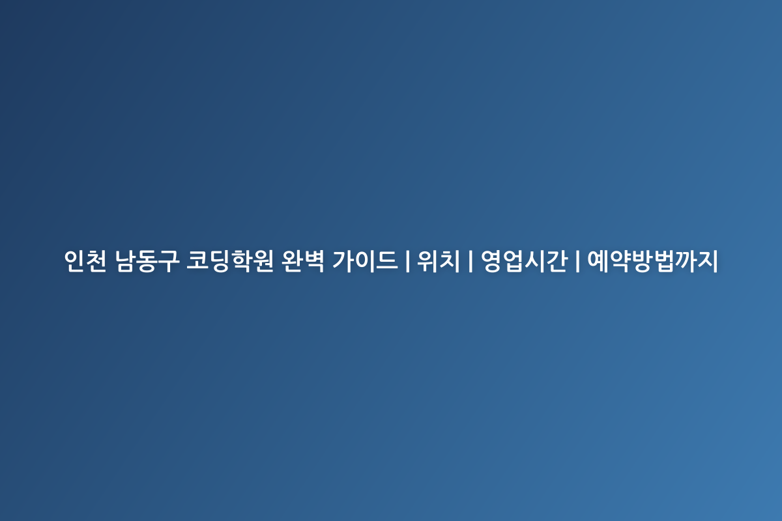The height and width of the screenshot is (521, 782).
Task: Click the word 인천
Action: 85,260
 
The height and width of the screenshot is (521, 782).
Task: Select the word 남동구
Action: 147,260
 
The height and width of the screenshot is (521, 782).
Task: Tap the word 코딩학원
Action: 230,260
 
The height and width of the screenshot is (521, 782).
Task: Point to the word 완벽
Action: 303,260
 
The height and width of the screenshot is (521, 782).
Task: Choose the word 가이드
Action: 365,260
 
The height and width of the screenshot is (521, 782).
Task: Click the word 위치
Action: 439,260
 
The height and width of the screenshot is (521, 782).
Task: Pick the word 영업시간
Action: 525,260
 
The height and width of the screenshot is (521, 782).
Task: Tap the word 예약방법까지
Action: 652,260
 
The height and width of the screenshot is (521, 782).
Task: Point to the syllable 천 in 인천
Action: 96,260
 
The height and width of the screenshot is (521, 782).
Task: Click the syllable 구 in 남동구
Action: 169,260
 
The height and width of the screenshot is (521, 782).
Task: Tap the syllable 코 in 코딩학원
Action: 197,260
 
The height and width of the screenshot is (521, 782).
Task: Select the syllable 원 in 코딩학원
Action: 263,260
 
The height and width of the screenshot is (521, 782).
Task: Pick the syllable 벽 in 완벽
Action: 314,260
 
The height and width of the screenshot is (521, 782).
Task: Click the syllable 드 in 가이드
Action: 387,260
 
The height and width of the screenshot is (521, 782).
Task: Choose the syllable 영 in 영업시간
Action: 491,260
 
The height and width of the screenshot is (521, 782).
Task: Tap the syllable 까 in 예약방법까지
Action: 686,260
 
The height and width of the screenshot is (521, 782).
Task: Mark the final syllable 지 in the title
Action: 707,260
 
